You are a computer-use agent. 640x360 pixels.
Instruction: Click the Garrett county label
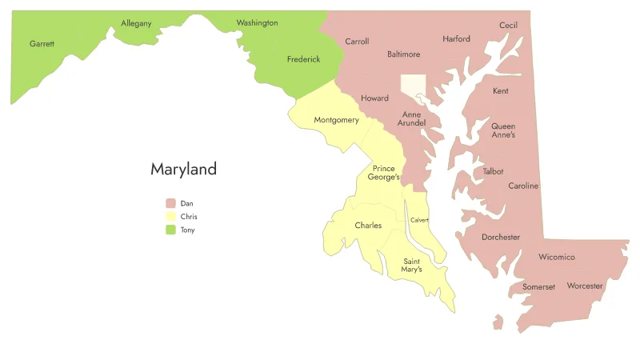tap(42, 43)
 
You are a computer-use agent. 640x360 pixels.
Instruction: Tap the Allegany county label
tap(136, 23)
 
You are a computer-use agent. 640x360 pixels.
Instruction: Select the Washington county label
tap(257, 23)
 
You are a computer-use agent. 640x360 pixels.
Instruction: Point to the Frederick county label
tap(303, 59)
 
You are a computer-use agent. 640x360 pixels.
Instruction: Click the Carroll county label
tap(357, 42)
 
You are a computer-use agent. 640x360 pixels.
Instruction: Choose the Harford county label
tap(456, 38)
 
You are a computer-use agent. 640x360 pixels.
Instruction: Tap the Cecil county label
tap(508, 26)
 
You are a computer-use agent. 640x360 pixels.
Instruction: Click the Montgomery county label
tap(336, 120)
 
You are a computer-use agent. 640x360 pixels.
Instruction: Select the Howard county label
tap(374, 98)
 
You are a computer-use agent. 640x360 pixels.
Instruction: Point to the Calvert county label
tap(420, 220)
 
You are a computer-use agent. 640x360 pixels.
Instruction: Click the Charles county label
tap(368, 226)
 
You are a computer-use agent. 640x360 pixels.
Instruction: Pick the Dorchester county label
tap(501, 237)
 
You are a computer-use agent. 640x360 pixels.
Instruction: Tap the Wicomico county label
tap(557, 258)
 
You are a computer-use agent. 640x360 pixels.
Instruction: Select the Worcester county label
tap(585, 286)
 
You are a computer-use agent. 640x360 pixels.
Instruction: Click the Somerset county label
tap(538, 286)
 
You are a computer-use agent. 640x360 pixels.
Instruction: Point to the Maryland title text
tap(183, 170)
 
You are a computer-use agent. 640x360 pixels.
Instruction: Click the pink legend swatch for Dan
tap(170, 203)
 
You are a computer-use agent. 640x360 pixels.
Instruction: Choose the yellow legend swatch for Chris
tap(170, 217)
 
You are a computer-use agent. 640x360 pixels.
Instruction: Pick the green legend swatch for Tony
tap(170, 230)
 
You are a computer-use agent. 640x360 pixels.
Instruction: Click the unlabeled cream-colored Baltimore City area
tap(413, 84)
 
